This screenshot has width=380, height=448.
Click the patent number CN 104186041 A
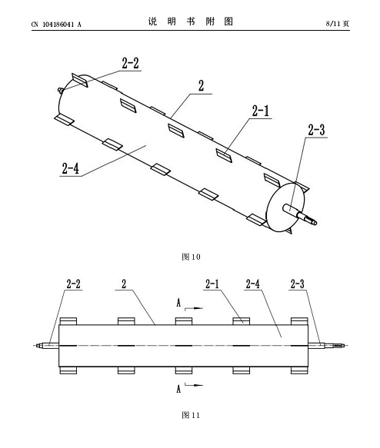56,25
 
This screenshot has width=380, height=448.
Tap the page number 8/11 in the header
333,23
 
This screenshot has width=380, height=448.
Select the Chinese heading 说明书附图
191,22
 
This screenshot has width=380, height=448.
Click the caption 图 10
191,257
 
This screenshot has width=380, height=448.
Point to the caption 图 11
191,415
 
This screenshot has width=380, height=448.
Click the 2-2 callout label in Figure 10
130,63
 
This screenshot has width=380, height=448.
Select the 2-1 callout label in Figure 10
261,111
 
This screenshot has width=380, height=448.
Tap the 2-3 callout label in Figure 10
316,130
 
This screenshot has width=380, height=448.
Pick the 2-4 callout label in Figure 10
70,168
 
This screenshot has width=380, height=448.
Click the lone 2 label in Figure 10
202,86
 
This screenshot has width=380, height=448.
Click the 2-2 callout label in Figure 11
74,284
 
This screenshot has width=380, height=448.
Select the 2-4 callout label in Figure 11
253,284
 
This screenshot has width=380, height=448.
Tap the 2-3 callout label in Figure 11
298,284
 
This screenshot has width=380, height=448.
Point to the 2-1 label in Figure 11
212,284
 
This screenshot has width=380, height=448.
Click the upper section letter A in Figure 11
178,303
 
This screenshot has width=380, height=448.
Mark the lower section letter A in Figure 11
178,389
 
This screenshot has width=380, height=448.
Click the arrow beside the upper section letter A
194,309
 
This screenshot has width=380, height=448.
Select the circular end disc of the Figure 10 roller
285,207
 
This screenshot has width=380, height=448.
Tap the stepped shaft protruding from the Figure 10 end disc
300,214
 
